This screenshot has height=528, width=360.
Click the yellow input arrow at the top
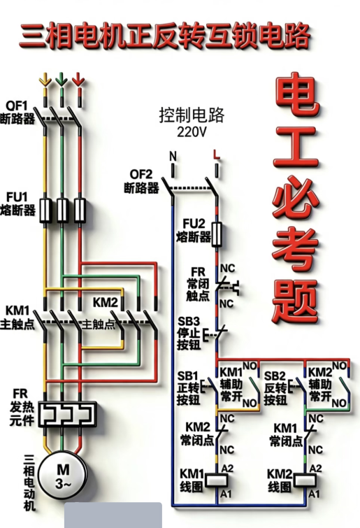[x=45, y=80]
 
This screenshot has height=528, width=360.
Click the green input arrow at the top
[x=62, y=80]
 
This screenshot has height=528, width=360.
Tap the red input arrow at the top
[x=78, y=80]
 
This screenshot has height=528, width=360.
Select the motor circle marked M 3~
[x=63, y=475]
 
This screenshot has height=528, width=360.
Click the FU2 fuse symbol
[x=217, y=234]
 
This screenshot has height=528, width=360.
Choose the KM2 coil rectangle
[x=305, y=480]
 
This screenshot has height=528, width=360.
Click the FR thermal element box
[x=67, y=414]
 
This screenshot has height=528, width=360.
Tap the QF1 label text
[x=17, y=106]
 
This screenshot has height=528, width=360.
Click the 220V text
[x=192, y=131]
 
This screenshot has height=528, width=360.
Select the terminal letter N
[x=173, y=156]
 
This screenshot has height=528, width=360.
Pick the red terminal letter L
[x=216, y=155]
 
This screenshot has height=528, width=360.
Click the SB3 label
[x=189, y=321]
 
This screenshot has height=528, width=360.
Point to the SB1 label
[x=188, y=376]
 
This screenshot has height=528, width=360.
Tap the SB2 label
[x=275, y=376]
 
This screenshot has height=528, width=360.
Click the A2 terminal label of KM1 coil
[x=227, y=469]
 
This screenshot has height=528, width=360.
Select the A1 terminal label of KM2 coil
[x=315, y=494]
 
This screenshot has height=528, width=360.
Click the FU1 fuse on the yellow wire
[x=45, y=211]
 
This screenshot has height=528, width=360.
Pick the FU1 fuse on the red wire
[x=80, y=211]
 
